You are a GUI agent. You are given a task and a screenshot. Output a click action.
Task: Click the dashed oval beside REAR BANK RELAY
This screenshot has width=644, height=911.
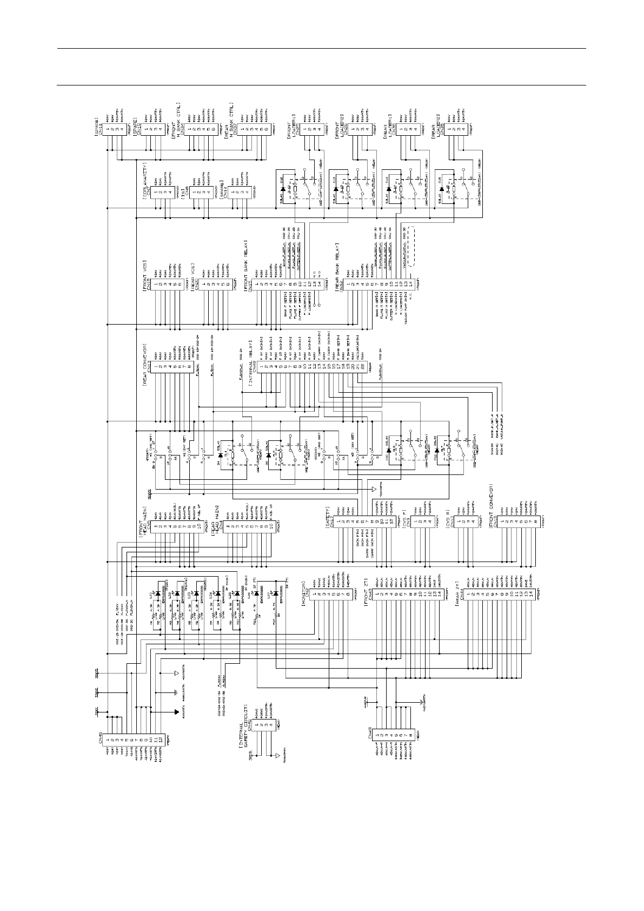tap(413, 246)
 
